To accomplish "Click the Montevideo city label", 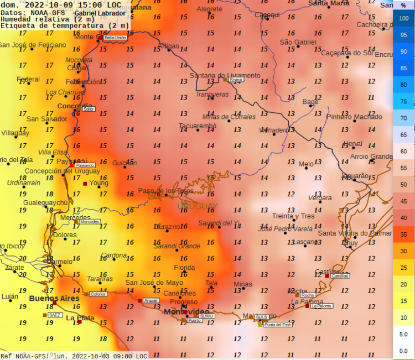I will click(186, 312).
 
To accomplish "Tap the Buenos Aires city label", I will click(54, 299).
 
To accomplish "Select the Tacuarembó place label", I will click(198, 126).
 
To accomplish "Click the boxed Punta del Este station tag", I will click(278, 325).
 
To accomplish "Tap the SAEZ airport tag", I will click(55, 315).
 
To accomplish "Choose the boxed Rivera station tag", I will click(236, 80).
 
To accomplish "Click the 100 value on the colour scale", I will click(403, 18).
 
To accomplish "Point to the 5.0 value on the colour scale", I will click(403, 335).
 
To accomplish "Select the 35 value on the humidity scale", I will click(403, 234).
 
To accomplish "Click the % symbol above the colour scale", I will click(403, 5).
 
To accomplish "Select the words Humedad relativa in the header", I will click(36, 19).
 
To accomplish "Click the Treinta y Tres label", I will click(293, 216).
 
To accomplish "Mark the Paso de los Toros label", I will click(166, 191).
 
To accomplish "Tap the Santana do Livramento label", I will click(225, 75).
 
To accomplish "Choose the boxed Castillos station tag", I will click(340, 275).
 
